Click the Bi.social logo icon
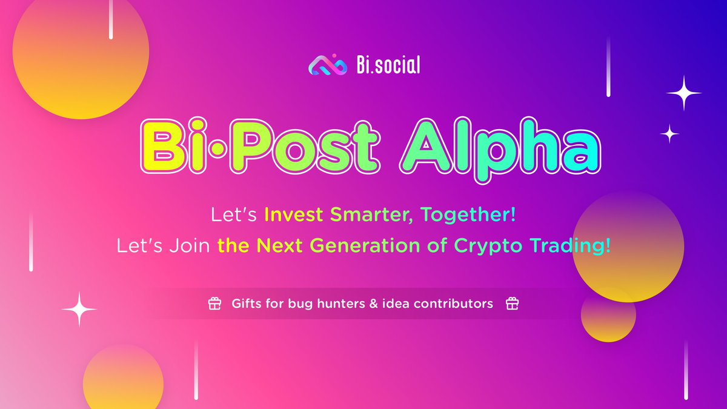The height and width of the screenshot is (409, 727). (327, 65)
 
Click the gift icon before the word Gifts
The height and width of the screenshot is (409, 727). (214, 304)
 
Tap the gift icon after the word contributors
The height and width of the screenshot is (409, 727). (512, 304)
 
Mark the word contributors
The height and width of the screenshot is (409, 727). (453, 304)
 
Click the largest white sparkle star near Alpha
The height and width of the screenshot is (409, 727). (684, 93)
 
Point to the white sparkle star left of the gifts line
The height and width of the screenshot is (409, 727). (79, 310)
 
